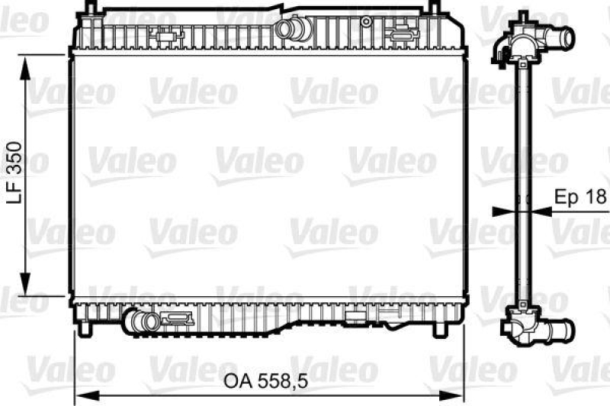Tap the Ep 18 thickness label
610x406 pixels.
pyautogui.click(x=581, y=196)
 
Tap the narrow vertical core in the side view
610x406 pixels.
pyautogui.click(x=523, y=183)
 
